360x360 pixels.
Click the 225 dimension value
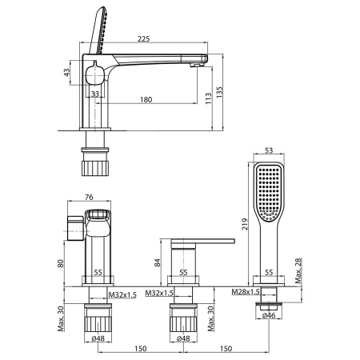pyautogui.click(x=144, y=38)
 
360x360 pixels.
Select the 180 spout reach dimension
pyautogui.click(x=146, y=99)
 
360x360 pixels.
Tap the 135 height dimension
pyautogui.click(x=219, y=92)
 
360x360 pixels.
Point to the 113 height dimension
pyautogui.click(x=209, y=98)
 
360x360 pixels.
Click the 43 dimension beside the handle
pyautogui.click(x=66, y=72)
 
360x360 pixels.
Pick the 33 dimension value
pyautogui.click(x=95, y=94)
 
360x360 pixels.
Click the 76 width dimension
pyautogui.click(x=89, y=197)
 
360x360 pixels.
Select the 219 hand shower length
pyautogui.click(x=245, y=224)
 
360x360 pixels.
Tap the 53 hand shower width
pyautogui.click(x=269, y=150)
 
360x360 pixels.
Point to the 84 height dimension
pyautogui.click(x=158, y=262)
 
